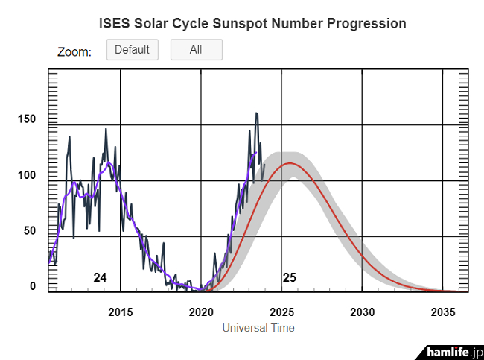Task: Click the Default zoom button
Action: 133,50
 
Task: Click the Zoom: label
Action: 74,52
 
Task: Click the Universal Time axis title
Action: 258,328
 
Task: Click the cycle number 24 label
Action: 100,277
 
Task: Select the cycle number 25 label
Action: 290,277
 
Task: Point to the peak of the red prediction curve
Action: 290,163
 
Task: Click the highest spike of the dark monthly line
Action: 257,113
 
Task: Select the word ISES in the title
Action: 115,24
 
